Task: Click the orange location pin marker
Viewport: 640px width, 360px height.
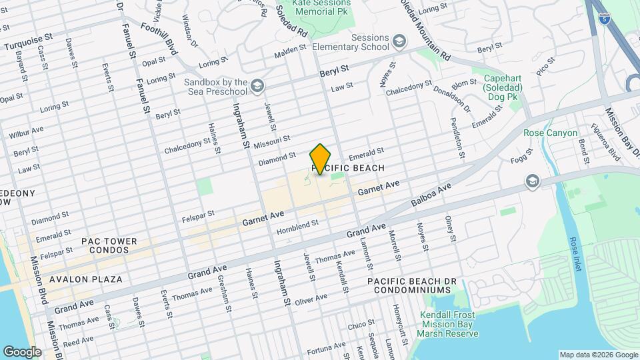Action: click(x=320, y=159)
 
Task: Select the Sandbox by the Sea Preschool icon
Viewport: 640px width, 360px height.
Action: click(x=257, y=86)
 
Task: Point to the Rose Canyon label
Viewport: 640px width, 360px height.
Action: click(x=550, y=133)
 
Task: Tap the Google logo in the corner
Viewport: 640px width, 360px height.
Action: click(x=22, y=351)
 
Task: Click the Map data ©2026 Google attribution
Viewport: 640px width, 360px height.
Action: click(x=597, y=354)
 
